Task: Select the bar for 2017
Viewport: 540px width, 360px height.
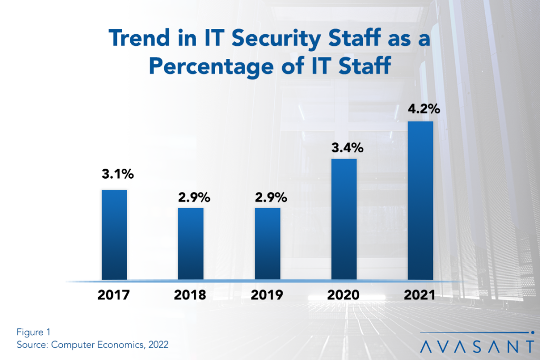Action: pyautogui.click(x=114, y=235)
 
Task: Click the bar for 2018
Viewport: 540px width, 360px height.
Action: pyautogui.click(x=190, y=244)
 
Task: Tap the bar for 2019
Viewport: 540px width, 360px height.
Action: pyautogui.click(x=267, y=244)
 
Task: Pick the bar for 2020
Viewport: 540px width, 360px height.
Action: pyautogui.click(x=344, y=219)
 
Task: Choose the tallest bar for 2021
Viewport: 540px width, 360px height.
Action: pyautogui.click(x=420, y=200)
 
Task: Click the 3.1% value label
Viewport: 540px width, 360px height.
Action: pyautogui.click(x=114, y=174)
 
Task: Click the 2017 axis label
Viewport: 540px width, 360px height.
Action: pyautogui.click(x=115, y=295)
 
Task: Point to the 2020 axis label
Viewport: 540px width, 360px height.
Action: pyautogui.click(x=344, y=295)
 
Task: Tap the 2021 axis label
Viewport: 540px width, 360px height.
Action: pyautogui.click(x=421, y=295)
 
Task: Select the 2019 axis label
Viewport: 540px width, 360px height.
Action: pyautogui.click(x=268, y=295)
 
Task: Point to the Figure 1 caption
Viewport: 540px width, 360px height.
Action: pyautogui.click(x=34, y=332)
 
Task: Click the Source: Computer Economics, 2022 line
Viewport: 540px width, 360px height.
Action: pyautogui.click(x=93, y=345)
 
